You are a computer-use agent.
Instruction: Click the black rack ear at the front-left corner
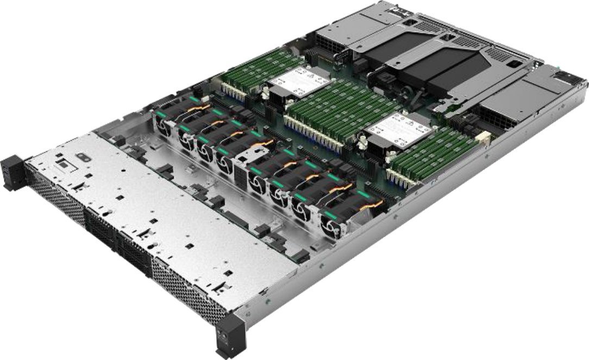click(x=12, y=172)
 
